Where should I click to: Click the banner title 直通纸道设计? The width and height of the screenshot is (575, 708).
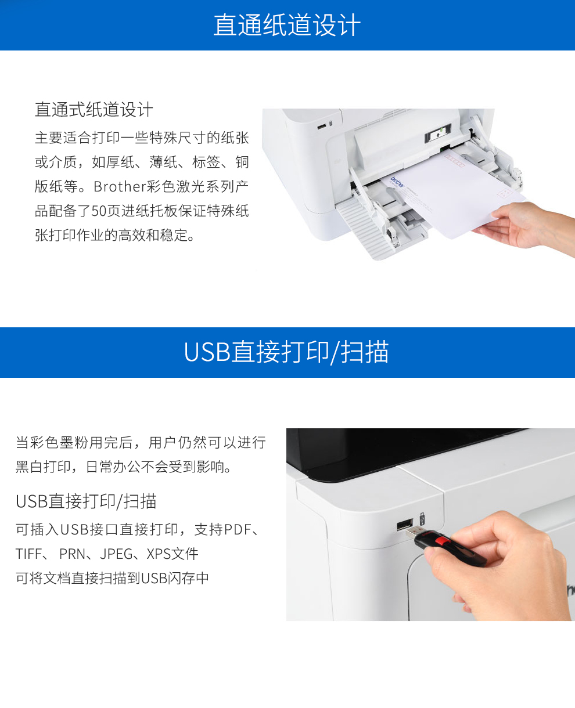(x=287, y=25)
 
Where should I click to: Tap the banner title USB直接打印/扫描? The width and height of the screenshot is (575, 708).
(x=286, y=352)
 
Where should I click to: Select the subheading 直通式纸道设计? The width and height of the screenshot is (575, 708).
(x=94, y=109)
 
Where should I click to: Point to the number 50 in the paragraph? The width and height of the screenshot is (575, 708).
(x=99, y=211)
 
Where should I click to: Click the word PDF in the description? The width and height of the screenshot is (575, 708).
(x=238, y=530)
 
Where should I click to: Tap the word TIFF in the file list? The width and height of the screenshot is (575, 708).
(x=28, y=554)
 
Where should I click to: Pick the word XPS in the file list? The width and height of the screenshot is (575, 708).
(x=159, y=554)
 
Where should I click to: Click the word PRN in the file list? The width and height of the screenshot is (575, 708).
(x=72, y=554)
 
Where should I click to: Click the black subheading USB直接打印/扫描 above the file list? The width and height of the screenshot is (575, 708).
(x=86, y=501)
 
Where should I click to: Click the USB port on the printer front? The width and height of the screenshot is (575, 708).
(x=405, y=524)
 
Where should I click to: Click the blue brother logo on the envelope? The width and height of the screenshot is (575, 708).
(x=397, y=182)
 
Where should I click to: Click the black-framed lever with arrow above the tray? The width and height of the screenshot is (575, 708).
(x=438, y=133)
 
